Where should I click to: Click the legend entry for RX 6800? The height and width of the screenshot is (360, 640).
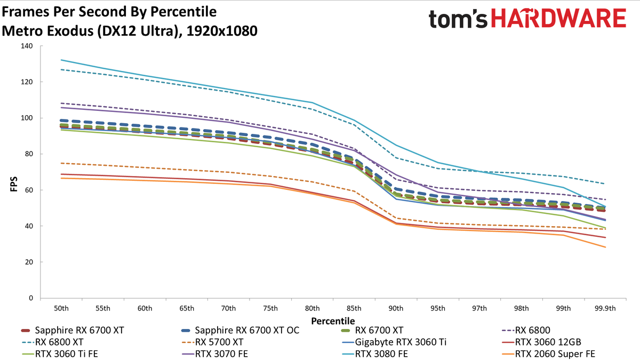(x=526, y=330)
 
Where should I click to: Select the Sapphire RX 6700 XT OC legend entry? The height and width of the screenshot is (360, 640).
(x=241, y=330)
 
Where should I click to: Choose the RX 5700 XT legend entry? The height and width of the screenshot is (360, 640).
(x=212, y=342)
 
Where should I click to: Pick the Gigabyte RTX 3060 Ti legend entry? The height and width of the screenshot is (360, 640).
(x=394, y=342)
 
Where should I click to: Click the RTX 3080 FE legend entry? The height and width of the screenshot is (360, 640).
(x=374, y=354)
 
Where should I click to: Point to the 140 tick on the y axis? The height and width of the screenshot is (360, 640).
(x=27, y=46)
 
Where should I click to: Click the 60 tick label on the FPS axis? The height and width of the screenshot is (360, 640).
(x=29, y=190)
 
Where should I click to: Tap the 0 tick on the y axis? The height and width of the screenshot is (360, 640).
(x=31, y=298)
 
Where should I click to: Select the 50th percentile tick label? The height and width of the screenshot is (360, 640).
(x=61, y=309)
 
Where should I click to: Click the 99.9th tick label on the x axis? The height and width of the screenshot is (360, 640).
(x=605, y=309)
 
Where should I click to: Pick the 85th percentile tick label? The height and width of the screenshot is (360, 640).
(x=354, y=309)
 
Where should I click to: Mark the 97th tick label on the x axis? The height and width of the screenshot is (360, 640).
(x=479, y=309)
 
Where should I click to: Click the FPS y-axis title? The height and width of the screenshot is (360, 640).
(x=14, y=185)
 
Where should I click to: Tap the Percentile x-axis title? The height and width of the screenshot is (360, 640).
(x=333, y=321)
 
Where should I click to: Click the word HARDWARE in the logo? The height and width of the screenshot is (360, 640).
(x=558, y=18)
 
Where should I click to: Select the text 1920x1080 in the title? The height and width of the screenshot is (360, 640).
(x=222, y=31)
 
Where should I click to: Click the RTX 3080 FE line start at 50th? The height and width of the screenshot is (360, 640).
(x=61, y=60)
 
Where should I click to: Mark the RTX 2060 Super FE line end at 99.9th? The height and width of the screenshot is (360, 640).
(x=605, y=247)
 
